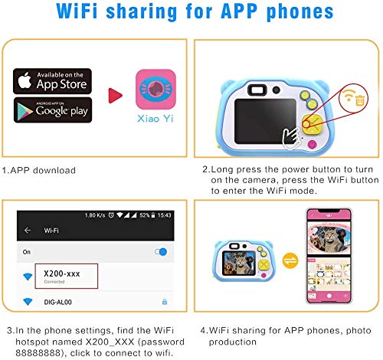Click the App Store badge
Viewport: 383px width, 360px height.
(x=52, y=80)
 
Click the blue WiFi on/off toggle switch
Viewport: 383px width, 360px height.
(x=161, y=251)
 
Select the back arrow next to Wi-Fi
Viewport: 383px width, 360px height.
(x=28, y=229)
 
